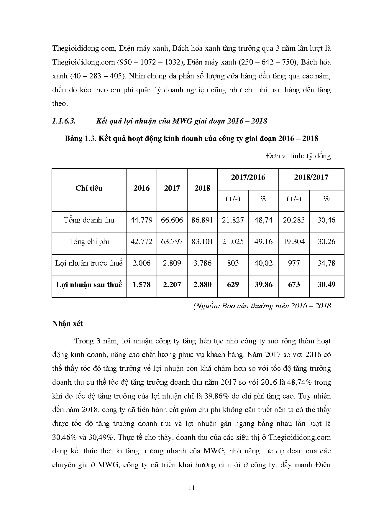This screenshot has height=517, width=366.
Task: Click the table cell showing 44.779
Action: (142, 220)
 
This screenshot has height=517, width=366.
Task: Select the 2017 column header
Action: (172, 188)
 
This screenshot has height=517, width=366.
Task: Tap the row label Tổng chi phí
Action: (89, 242)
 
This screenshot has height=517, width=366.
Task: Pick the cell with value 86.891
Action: (202, 220)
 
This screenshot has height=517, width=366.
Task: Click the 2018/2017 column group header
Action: (311, 177)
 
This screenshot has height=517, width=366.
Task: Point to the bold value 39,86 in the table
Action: (263, 285)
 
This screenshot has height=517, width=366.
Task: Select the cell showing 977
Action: (294, 263)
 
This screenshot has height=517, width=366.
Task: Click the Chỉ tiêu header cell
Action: (89, 188)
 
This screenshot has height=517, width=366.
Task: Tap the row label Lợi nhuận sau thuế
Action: (89, 285)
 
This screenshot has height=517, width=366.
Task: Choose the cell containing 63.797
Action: (172, 242)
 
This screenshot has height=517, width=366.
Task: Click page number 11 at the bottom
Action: (191, 488)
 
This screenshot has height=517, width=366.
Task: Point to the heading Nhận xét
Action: (68, 324)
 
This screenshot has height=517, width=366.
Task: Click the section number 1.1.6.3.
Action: (64, 121)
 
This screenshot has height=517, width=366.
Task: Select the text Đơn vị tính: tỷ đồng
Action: (298, 156)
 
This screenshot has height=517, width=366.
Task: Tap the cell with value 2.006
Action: (142, 263)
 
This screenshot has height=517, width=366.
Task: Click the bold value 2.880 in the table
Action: (202, 285)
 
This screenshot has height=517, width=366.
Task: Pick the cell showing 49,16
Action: (263, 242)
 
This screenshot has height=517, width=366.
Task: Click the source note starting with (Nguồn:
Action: (262, 306)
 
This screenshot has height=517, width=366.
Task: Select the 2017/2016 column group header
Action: (248, 177)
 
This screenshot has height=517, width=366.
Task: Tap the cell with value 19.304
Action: (294, 242)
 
